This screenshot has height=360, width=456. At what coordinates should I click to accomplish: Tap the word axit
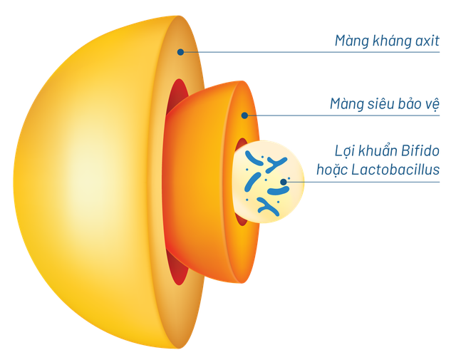425,41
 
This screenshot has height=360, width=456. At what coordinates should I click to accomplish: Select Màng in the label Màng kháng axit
350,41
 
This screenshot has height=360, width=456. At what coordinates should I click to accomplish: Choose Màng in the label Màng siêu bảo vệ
346,104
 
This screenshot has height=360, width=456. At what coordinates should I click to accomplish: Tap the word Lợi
344,151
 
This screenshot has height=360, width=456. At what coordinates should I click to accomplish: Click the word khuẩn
379,151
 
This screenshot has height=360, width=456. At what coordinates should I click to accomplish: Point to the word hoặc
331,170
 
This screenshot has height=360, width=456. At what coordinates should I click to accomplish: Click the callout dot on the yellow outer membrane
181,51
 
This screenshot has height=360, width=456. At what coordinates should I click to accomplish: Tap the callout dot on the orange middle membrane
244,114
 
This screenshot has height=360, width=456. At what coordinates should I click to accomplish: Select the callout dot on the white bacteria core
284,181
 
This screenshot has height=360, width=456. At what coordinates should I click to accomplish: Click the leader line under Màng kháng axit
321,52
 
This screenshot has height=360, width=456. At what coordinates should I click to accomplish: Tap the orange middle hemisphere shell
199,178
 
